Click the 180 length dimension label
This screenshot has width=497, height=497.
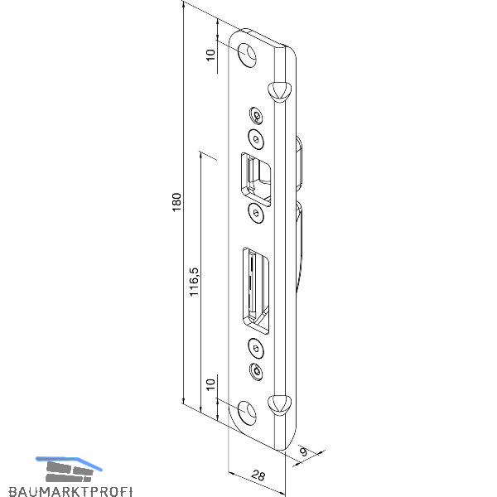coord(176,202)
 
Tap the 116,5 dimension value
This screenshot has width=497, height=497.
coord(194,282)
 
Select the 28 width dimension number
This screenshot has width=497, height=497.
coord(258,475)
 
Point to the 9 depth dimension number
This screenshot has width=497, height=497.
coord(304,451)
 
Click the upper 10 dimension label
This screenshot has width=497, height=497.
coord(210,55)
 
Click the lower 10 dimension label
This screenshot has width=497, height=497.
coord(210,384)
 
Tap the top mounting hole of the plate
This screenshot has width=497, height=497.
coord(247,55)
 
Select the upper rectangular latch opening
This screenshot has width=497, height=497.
coord(256,180)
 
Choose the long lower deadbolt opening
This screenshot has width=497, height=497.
coord(256,290)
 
